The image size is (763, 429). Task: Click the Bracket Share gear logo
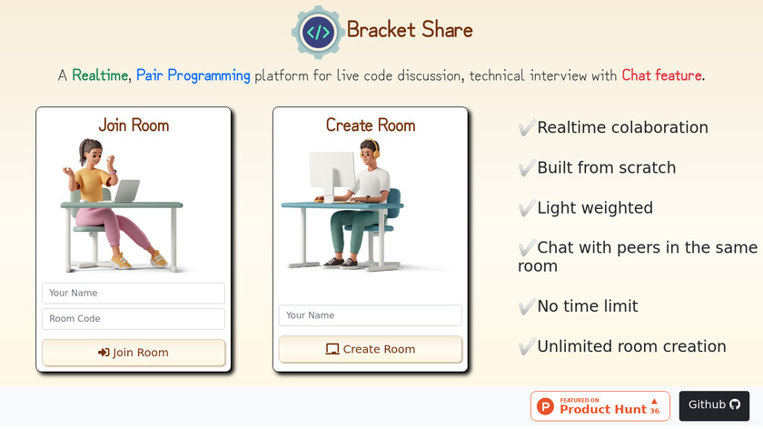[x=318, y=32]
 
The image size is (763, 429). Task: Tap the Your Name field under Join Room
[x=134, y=294]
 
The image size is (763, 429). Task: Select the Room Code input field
[x=134, y=319]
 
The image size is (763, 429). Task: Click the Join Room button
[x=134, y=353]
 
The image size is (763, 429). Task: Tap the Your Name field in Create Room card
[x=371, y=315]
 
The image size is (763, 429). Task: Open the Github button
[x=714, y=405]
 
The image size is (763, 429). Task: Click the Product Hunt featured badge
[x=600, y=406]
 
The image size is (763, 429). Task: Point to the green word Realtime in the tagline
[x=100, y=75]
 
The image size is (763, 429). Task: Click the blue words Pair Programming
[x=193, y=76]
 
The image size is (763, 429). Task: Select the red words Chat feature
[x=662, y=75]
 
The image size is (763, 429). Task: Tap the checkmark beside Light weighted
[x=527, y=208]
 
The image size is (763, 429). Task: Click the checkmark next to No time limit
[x=527, y=306]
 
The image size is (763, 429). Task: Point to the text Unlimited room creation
[x=631, y=346]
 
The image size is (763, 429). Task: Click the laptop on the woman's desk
[x=126, y=190]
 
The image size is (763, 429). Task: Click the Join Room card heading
[x=134, y=125]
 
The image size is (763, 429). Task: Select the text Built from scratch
[x=607, y=168]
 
